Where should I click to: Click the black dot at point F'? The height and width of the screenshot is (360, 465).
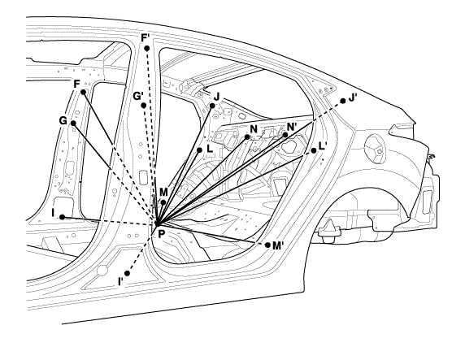146,48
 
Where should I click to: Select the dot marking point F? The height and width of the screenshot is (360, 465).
84,92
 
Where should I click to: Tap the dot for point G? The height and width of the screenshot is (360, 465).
73,123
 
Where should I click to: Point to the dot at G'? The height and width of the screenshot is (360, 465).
144,106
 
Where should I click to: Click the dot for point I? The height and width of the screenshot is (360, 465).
63,217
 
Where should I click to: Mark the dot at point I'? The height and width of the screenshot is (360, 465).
127,273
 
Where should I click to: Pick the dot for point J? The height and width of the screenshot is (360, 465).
212,106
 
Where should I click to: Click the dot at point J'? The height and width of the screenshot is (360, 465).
343,101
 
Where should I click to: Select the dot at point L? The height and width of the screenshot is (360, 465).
200,150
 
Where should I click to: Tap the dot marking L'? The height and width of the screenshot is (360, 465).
314,150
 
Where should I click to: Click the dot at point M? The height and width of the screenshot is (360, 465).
163,202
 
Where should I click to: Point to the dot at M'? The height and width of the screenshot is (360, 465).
267,245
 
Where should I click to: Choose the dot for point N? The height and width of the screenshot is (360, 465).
247,137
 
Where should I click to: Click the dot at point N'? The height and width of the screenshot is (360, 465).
285,135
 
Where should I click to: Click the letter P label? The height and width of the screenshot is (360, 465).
161,235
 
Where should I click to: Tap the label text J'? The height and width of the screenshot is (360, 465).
352,98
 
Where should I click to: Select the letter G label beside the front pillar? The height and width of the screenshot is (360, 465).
63,121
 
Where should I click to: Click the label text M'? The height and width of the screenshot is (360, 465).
278,245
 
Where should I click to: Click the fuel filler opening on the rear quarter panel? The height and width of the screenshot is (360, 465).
375,148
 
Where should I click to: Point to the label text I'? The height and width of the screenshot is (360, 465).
120,281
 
